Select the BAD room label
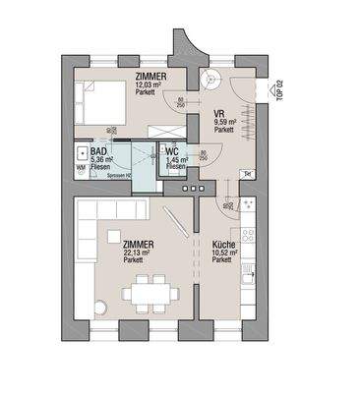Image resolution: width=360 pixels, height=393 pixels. click(98, 151)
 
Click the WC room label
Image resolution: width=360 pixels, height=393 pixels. click(171, 151)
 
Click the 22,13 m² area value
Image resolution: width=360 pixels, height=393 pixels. click(137, 253)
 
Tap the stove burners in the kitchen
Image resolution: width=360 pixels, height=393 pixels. click(248, 236)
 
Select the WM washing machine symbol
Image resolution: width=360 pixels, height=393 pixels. click(81, 167)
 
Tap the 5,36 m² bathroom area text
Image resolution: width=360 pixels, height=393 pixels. click(102, 159)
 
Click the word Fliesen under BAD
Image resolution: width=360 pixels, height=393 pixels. click(101, 167)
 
